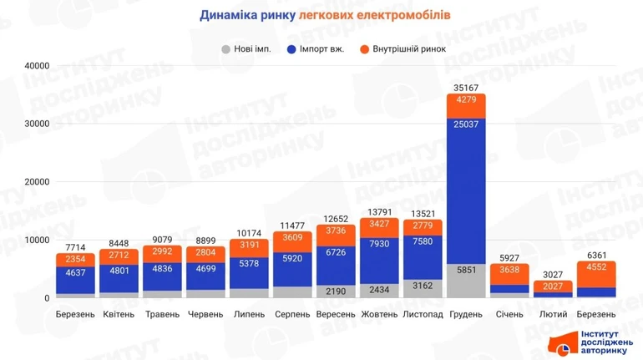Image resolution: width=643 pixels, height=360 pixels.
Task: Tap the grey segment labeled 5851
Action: [x=466, y=281]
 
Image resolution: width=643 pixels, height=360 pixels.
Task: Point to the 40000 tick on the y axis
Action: [x=36, y=66]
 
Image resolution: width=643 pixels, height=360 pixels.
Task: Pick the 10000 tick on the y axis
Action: [x=36, y=241]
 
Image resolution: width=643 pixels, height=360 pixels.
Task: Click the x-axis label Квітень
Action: [x=119, y=314]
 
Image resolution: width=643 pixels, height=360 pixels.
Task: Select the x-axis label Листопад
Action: [x=423, y=314]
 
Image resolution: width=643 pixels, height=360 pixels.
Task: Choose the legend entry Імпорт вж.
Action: [x=316, y=48]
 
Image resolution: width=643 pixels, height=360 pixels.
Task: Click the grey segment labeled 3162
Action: [x=423, y=284]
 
